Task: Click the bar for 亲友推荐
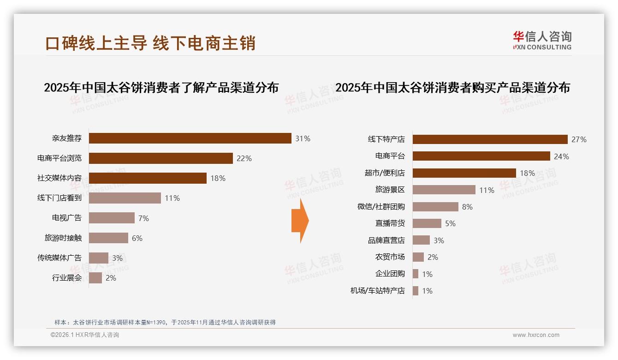pos(190,138)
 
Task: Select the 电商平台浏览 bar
pos(160,158)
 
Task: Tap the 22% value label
pos(244,158)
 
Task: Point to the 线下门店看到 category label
pos(59,198)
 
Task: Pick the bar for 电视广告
pos(112,218)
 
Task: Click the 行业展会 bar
pos(95,278)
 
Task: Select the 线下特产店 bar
pos(490,139)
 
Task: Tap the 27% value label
pos(579,139)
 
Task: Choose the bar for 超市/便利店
pos(464,173)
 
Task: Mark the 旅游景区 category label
pos(390,190)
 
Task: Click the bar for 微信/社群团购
pos(435,207)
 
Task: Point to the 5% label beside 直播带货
pos(450,223)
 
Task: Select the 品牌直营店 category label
pos(386,240)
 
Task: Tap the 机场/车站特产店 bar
pos(416,291)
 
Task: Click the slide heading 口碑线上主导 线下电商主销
pos(150,43)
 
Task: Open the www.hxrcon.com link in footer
pos(536,335)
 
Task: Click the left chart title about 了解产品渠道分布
pos(161,88)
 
